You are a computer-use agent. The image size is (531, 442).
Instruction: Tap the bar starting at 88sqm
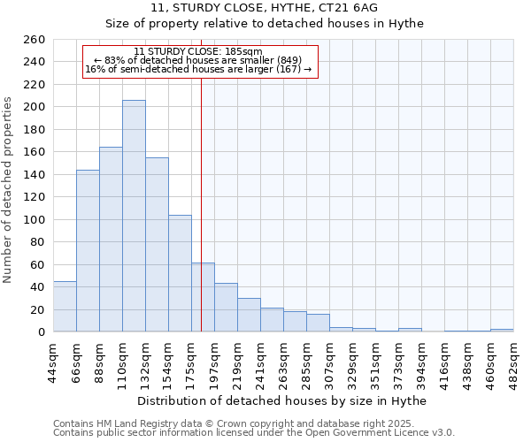(x=111, y=239)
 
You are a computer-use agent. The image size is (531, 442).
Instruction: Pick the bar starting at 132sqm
(x=157, y=244)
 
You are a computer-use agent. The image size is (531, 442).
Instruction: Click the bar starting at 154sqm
(x=180, y=273)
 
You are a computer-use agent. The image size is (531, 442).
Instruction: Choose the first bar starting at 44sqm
(x=65, y=306)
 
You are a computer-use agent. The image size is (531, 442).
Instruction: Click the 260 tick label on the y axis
(x=35, y=40)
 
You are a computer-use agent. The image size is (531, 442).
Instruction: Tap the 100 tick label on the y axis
(x=35, y=220)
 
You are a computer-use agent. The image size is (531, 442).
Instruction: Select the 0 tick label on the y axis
(x=42, y=332)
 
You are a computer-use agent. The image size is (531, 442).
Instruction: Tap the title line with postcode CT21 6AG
(x=265, y=8)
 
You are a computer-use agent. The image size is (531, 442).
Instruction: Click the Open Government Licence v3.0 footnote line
(x=254, y=433)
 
